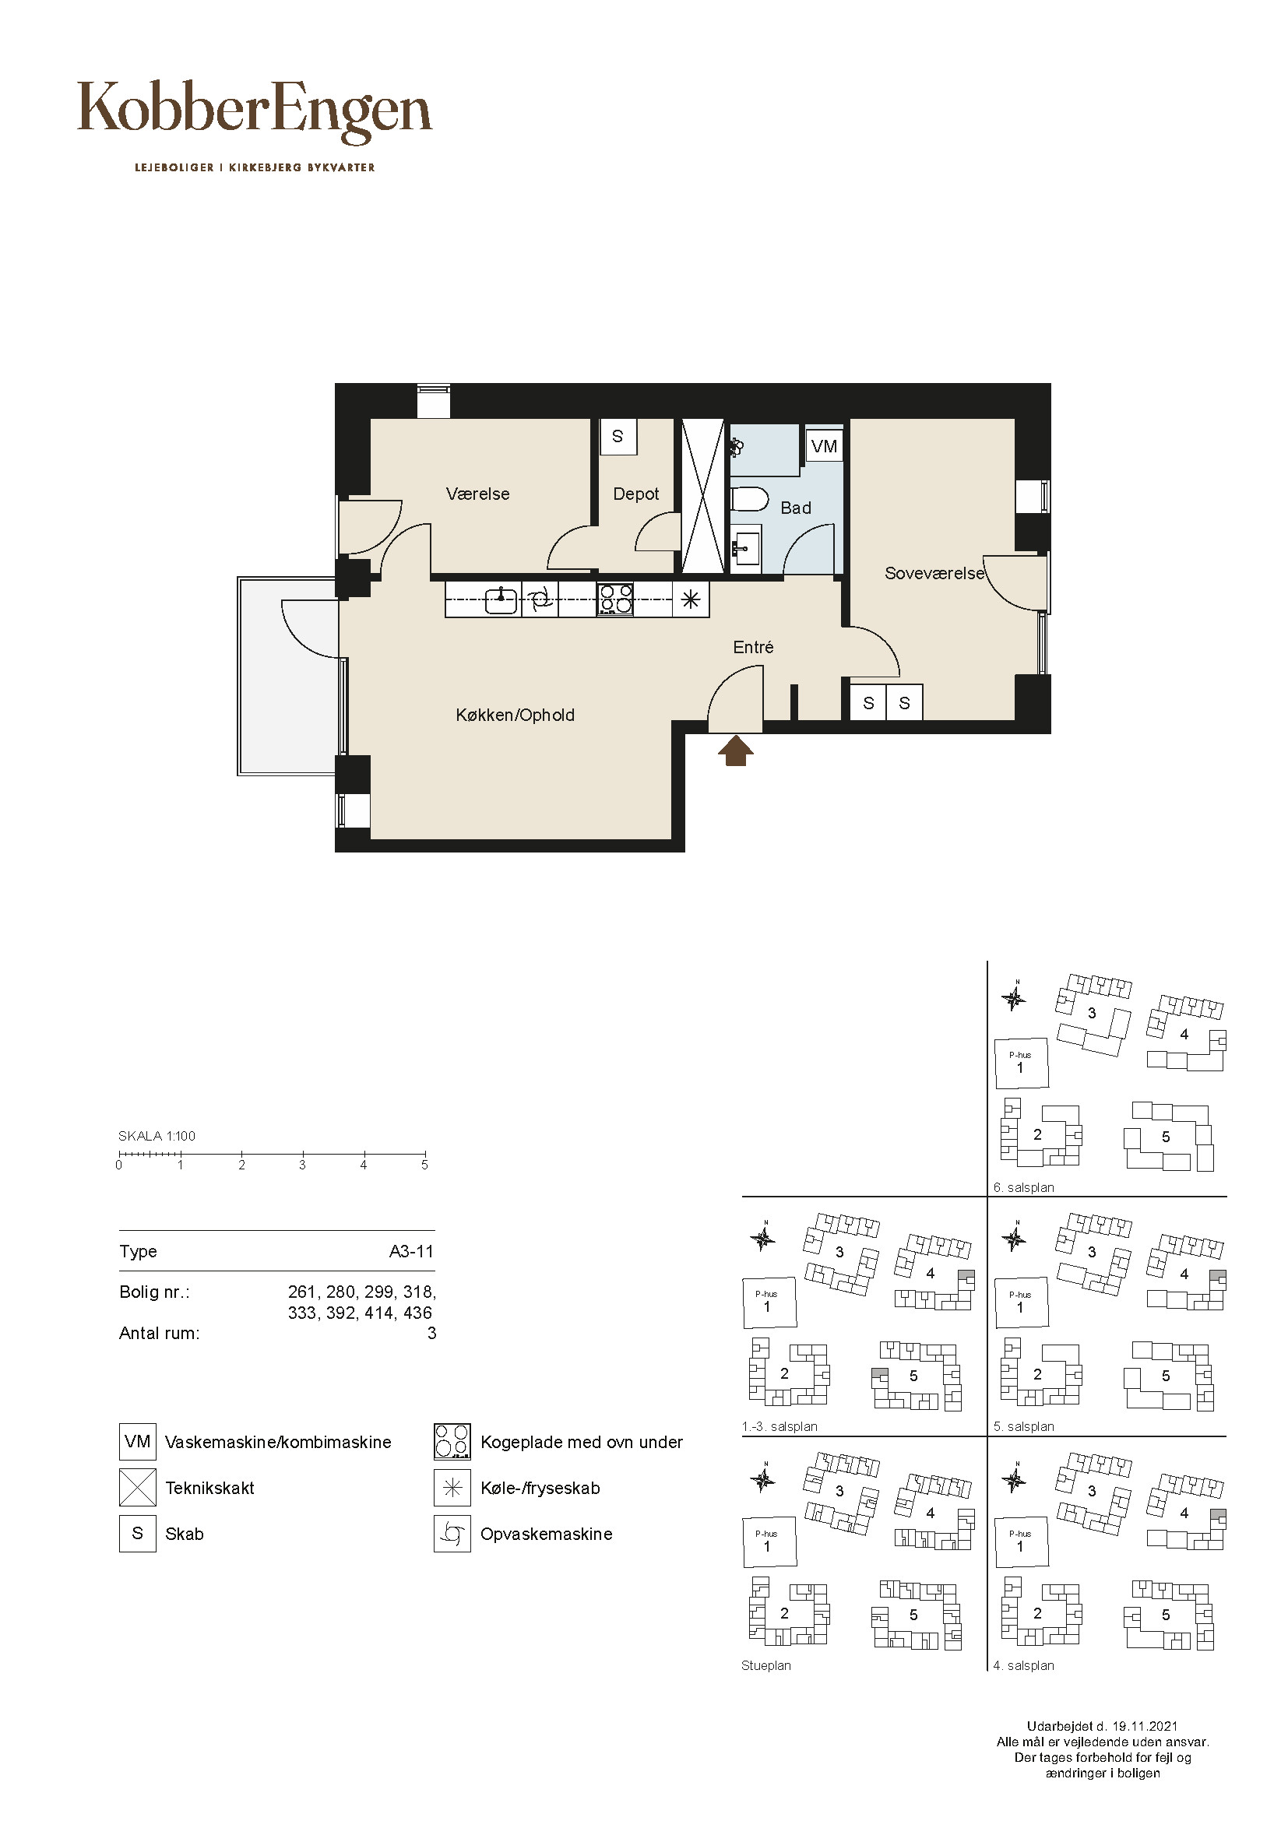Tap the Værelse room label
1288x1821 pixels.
(x=477, y=494)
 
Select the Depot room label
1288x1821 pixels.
(x=636, y=494)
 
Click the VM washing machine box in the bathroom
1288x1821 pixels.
(x=824, y=446)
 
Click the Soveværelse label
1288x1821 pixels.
(x=934, y=574)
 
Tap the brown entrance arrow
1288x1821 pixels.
(x=736, y=751)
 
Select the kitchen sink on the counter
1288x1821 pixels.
(x=501, y=599)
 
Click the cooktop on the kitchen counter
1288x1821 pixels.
(x=615, y=599)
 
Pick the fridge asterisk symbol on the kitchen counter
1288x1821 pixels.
(x=691, y=599)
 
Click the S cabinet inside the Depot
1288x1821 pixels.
(x=618, y=436)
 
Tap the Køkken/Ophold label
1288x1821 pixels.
(x=515, y=715)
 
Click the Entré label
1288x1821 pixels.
(x=754, y=647)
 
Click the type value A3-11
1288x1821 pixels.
(x=412, y=1252)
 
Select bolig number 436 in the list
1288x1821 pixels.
(x=418, y=1313)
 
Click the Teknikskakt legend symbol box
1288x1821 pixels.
(x=138, y=1488)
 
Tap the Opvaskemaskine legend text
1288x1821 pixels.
(x=547, y=1534)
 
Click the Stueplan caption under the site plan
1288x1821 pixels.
(x=766, y=1665)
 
